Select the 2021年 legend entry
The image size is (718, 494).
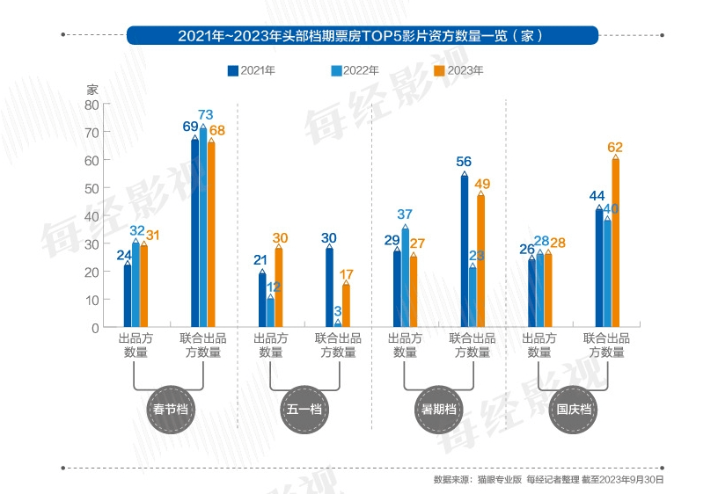coord(252,70)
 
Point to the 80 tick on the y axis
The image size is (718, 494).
coord(92,105)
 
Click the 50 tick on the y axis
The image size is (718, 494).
coord(92,188)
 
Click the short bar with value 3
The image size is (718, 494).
coord(338,323)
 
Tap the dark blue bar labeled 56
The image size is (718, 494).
coord(465,251)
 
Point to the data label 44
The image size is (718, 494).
coord(597,196)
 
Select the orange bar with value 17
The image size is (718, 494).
coord(346,305)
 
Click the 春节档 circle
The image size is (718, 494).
coord(169,410)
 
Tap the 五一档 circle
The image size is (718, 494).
coord(304,410)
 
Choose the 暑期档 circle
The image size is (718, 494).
coord(438,410)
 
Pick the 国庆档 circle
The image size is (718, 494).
coord(573,410)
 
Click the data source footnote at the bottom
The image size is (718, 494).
coord(548,480)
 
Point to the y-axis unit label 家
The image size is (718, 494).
coord(92,90)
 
